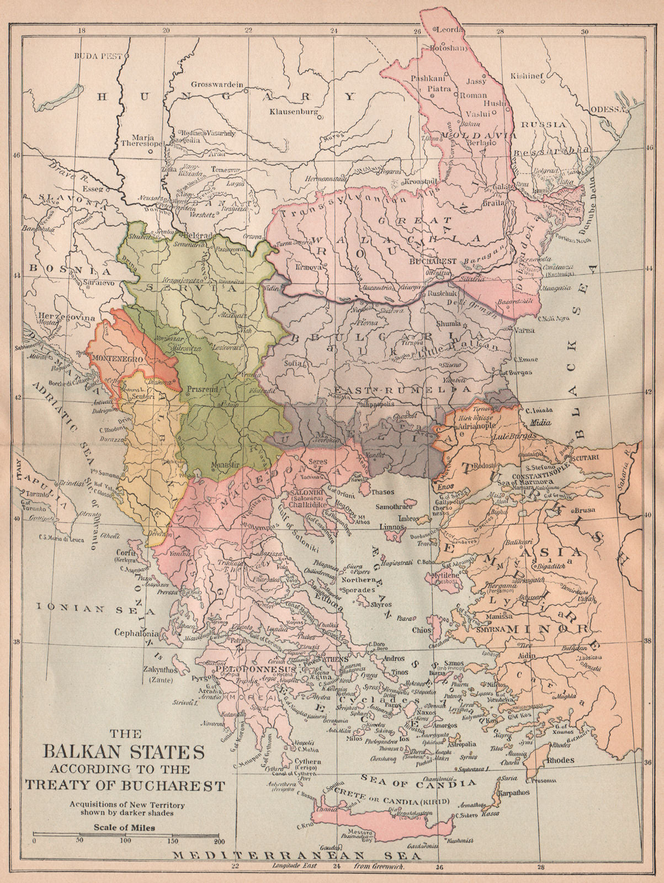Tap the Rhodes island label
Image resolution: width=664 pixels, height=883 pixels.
coord(560,760)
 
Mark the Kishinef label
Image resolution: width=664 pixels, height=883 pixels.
coord(528,76)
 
